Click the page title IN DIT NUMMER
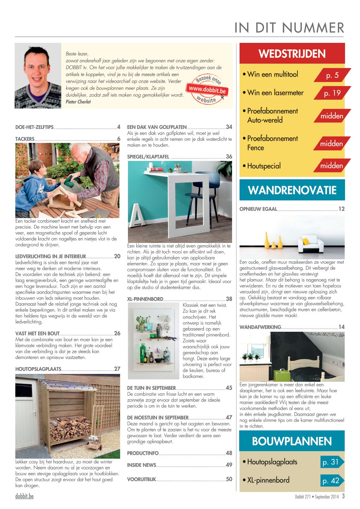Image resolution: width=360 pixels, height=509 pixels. click(x=289, y=28)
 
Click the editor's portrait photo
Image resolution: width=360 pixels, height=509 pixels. click(x=38, y=76)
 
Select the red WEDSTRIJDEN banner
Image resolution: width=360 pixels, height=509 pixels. click(x=292, y=53)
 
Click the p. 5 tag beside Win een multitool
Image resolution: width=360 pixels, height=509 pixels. click(x=332, y=75)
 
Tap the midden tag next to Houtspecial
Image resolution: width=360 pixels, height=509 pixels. click(x=331, y=166)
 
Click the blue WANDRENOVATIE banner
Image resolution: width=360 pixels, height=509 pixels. click(x=292, y=190)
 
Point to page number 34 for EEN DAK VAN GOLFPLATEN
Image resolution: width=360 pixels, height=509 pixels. click(x=229, y=127)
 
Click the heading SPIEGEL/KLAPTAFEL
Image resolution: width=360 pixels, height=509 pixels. click(x=148, y=157)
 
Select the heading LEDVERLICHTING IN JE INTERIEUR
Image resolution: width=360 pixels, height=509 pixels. click(x=50, y=256)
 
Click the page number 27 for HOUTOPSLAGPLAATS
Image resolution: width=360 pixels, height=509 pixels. click(x=117, y=369)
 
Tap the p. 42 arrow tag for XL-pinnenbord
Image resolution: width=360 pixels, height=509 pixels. click(x=331, y=480)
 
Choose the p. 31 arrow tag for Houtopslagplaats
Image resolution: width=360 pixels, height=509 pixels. click(x=331, y=462)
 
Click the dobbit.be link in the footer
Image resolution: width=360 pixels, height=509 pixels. click(x=24, y=496)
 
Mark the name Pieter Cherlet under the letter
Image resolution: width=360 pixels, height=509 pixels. click(x=78, y=102)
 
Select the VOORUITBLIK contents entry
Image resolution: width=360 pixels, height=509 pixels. click(x=141, y=479)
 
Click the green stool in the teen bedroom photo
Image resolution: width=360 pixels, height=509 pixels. click(x=281, y=375)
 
